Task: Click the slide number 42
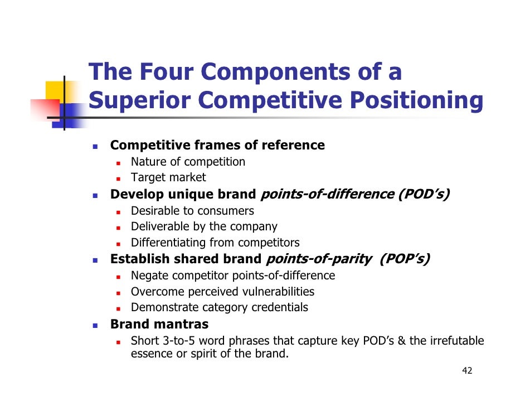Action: coord(467,371)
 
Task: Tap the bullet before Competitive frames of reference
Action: coord(95,146)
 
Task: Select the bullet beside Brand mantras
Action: coord(95,325)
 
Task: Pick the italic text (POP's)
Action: coord(404,259)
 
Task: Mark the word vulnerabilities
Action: coord(278,292)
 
